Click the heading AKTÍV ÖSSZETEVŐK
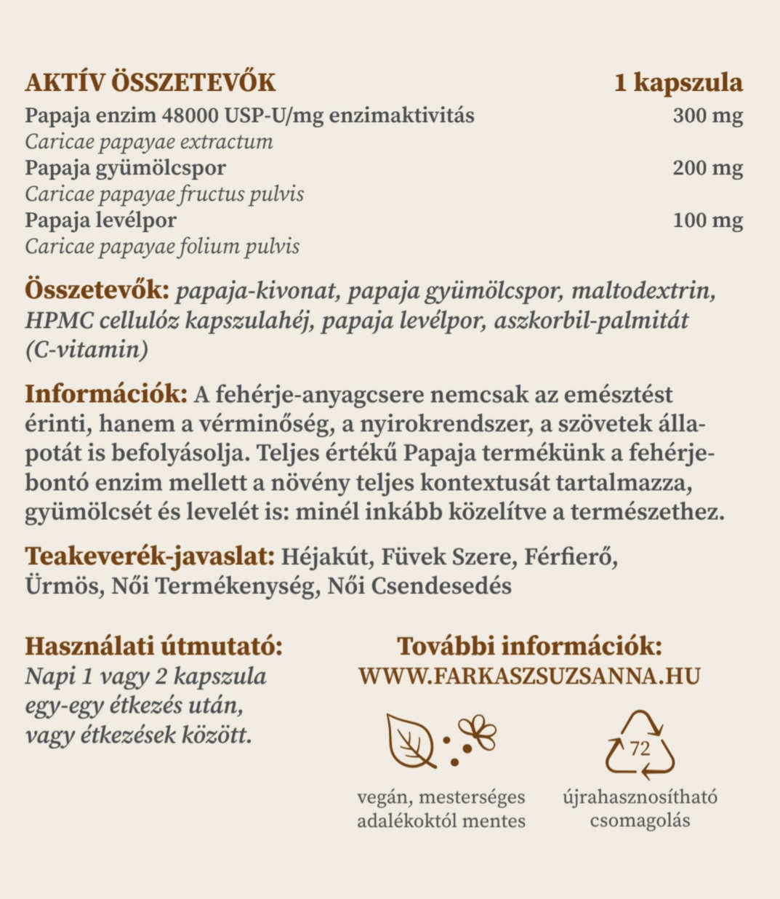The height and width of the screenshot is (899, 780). click(150, 82)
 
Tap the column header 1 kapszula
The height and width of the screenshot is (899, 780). click(678, 82)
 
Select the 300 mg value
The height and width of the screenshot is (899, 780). click(707, 116)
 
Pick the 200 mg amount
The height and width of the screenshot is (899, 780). click(707, 168)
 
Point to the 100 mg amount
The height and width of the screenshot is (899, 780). click(707, 220)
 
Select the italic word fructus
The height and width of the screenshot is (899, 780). click(209, 194)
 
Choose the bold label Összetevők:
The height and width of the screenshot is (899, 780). click(97, 291)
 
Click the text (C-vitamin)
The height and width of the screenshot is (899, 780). click(87, 350)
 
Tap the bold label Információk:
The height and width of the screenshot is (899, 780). click(106, 394)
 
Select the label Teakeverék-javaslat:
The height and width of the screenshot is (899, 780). click(150, 556)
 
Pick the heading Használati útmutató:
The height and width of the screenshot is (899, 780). click(153, 646)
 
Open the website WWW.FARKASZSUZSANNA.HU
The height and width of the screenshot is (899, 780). click(529, 676)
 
